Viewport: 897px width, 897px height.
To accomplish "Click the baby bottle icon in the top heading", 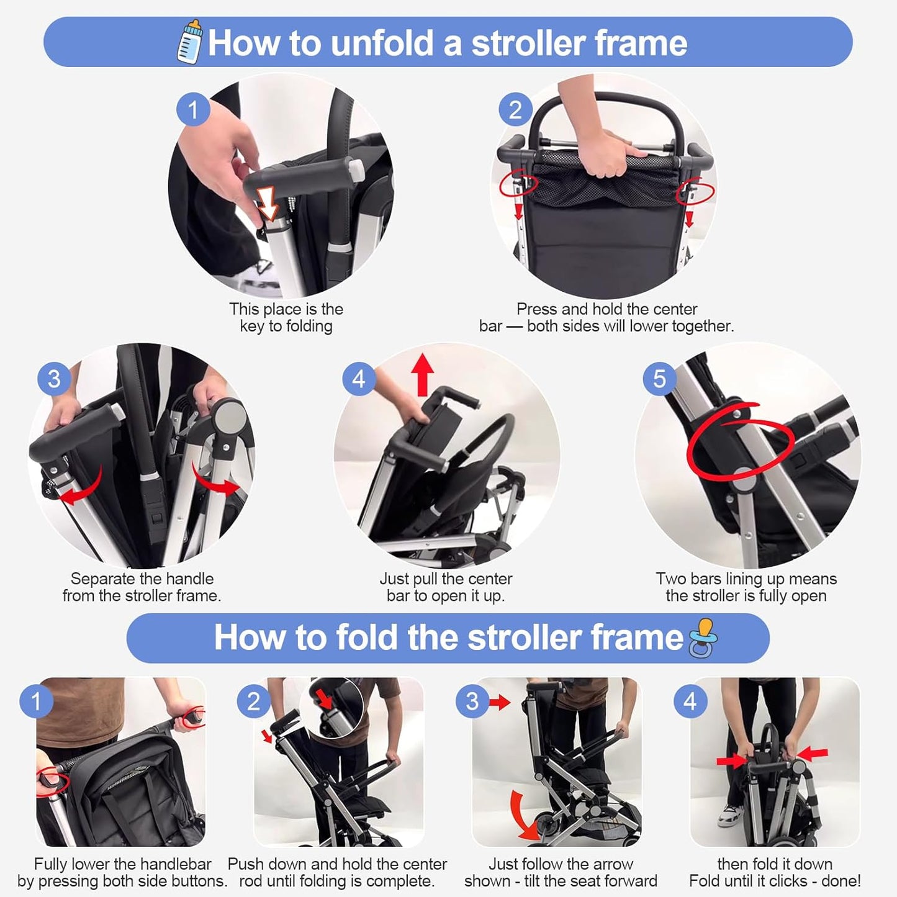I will click(191, 42).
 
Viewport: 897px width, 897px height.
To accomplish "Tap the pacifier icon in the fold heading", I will click(703, 638).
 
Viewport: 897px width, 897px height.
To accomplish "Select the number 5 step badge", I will click(659, 379).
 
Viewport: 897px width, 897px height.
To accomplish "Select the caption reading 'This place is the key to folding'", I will click(286, 317).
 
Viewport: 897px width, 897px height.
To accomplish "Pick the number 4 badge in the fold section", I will click(690, 701).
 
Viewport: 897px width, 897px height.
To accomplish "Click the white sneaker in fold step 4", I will click(729, 815).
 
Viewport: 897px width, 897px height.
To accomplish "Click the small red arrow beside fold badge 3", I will click(500, 703).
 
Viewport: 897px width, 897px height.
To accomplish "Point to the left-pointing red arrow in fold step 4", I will click(813, 754).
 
